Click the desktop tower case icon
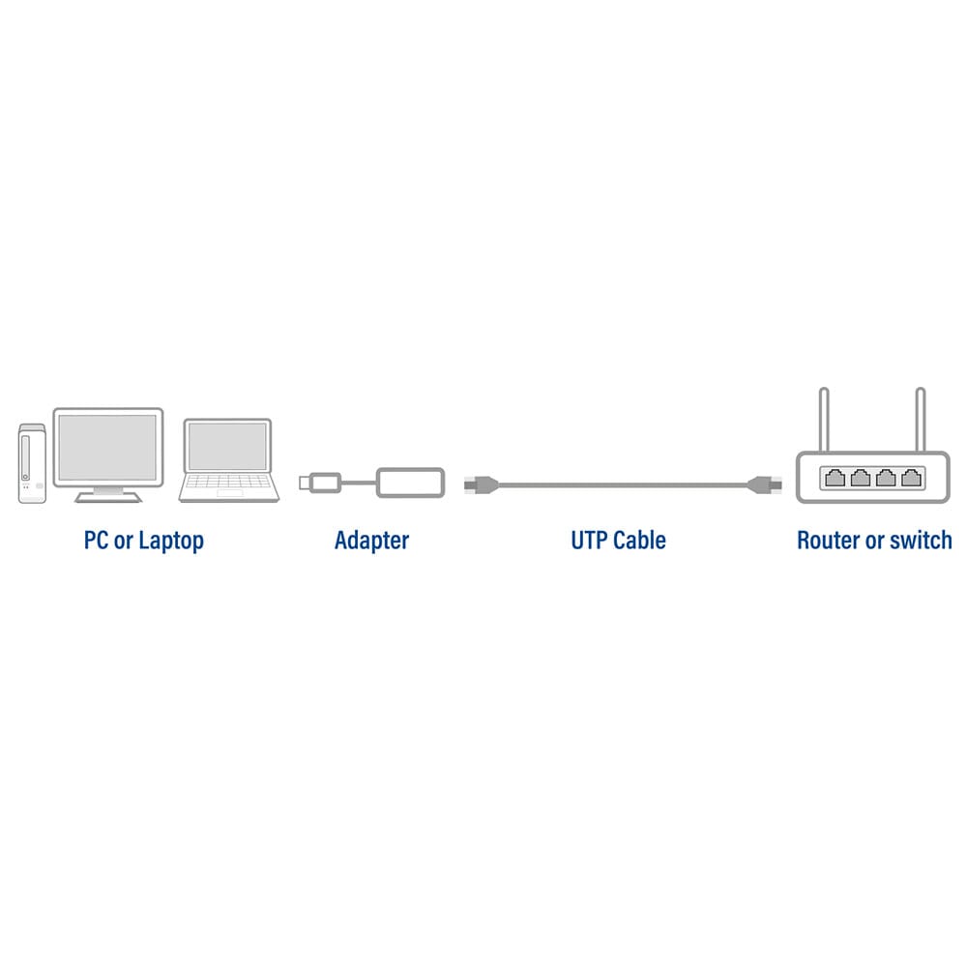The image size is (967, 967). point(32,462)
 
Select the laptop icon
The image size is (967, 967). point(228,459)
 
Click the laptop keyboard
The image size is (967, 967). point(228,483)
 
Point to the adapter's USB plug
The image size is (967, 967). point(318,481)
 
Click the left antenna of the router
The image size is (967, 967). point(824,419)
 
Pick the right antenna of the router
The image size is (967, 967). point(920,419)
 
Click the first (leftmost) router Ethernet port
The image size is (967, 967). point(835,477)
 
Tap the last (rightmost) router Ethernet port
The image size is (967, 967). point(910,477)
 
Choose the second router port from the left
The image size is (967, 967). point(860,477)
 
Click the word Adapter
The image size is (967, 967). point(371,541)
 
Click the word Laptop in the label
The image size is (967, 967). point(171,541)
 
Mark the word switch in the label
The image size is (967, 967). point(919,540)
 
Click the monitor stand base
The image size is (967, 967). point(107,497)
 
